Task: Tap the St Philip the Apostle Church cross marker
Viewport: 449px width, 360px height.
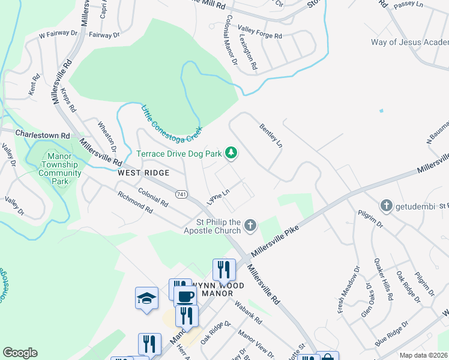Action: [250, 226]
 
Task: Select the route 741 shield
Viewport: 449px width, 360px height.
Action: [182, 194]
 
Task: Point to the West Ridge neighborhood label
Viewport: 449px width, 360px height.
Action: [143, 173]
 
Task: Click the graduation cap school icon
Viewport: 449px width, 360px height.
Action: [146, 298]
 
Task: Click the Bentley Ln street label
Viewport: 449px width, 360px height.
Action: [271, 136]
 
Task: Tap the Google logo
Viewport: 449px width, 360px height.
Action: [20, 353]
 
